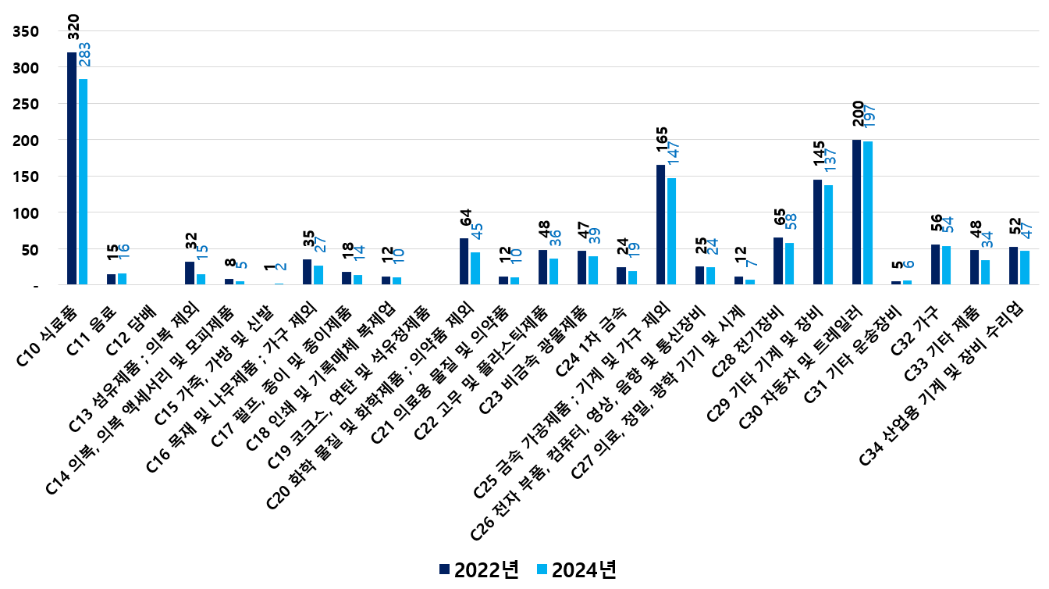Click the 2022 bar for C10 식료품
pyautogui.click(x=72, y=169)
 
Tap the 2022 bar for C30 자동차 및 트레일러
pyautogui.click(x=857, y=212)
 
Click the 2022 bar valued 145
pyautogui.click(x=818, y=233)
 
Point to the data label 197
pyautogui.click(x=869, y=115)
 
